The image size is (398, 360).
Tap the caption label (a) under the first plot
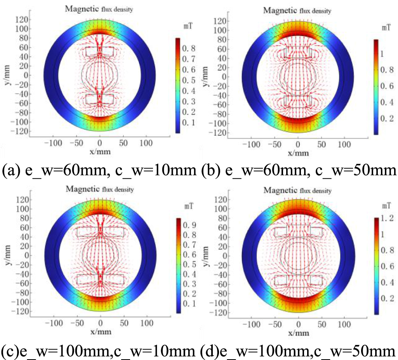[10, 171]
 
